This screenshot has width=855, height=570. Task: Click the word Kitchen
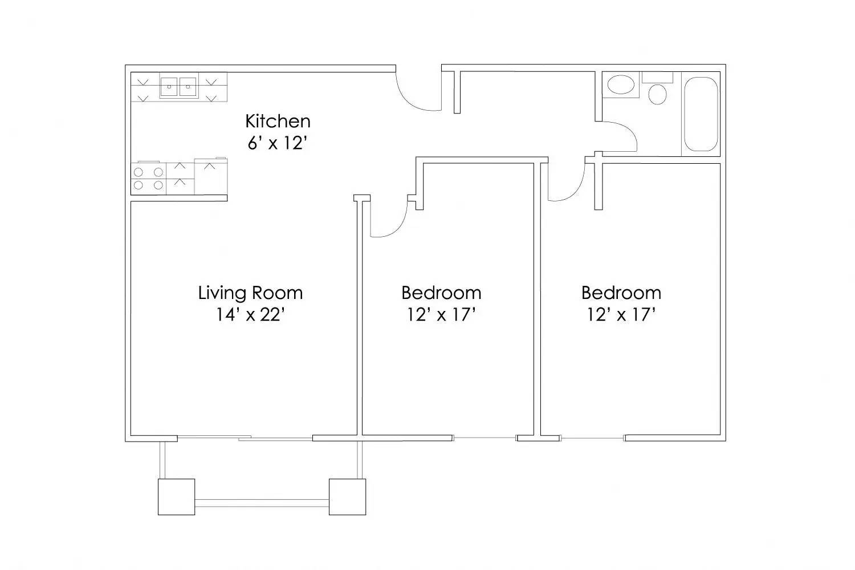click(278, 121)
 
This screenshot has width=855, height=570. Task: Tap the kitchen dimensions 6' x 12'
click(278, 143)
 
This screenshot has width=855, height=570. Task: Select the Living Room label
click(250, 293)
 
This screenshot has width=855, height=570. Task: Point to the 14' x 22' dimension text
click(250, 314)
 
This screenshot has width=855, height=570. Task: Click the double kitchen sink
click(178, 87)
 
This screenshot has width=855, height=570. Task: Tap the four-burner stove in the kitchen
click(148, 177)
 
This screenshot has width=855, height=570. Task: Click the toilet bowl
click(658, 94)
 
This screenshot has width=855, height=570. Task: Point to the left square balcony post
click(176, 497)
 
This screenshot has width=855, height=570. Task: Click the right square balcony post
click(347, 497)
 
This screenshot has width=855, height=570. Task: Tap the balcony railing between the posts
click(262, 503)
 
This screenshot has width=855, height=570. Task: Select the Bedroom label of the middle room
click(441, 293)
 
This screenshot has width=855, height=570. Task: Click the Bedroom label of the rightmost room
click(621, 293)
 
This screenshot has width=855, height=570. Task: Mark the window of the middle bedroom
click(484, 438)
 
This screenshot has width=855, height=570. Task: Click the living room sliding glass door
click(245, 438)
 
